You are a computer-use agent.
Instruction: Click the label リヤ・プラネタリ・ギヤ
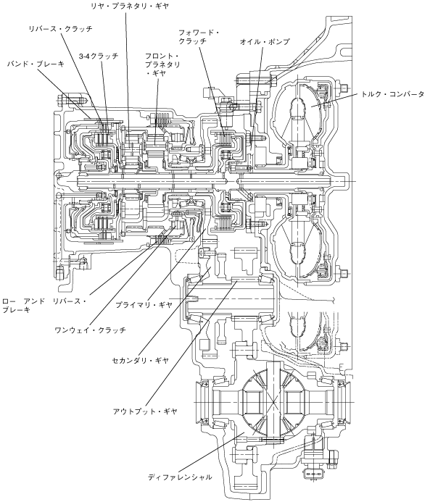130,6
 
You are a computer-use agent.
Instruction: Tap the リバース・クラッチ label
60,29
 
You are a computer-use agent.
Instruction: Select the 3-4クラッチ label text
99,56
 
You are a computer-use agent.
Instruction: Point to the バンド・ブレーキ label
36,64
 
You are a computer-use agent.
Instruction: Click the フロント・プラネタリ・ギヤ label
162,64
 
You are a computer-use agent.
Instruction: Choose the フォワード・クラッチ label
199,37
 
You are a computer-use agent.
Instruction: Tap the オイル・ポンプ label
265,41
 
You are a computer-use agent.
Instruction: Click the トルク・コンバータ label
392,94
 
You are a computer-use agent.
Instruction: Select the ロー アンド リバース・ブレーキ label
44,306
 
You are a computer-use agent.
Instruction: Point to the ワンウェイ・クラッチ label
91,330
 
